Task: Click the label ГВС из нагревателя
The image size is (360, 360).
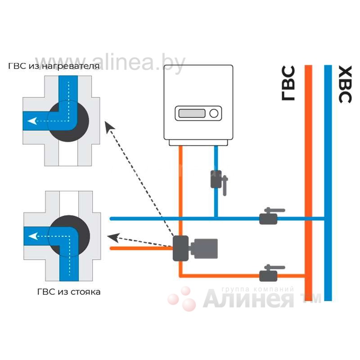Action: pyautogui.click(x=54, y=67)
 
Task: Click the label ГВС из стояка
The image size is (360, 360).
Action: pyautogui.click(x=69, y=292)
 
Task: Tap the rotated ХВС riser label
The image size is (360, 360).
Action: pyautogui.click(x=344, y=84)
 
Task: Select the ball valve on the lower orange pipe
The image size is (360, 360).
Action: pyautogui.click(x=269, y=274)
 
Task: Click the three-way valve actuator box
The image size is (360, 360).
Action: pyautogui.click(x=205, y=248)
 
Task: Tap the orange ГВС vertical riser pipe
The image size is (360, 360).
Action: pyautogui.click(x=309, y=180)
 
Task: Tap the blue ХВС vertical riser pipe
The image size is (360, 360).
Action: pyautogui.click(x=328, y=180)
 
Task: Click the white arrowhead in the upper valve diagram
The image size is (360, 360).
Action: pyautogui.click(x=30, y=121)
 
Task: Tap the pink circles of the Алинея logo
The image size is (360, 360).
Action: pyautogui.click(x=182, y=298)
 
